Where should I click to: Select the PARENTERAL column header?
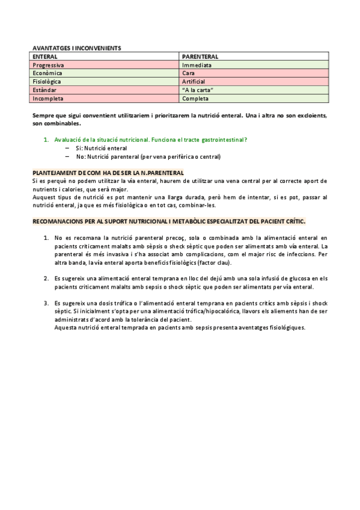click(201, 55)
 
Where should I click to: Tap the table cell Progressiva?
click(49, 64)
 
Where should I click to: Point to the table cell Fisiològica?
click(47, 81)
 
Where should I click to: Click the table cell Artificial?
click(194, 81)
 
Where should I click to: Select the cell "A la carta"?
click(198, 90)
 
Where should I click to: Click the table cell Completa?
click(195, 98)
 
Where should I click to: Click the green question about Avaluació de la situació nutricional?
click(150, 140)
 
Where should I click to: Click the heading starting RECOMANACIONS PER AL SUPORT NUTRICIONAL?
click(169, 221)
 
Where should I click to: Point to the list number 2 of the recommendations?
click(46, 278)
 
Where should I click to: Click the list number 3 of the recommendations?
click(46, 303)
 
